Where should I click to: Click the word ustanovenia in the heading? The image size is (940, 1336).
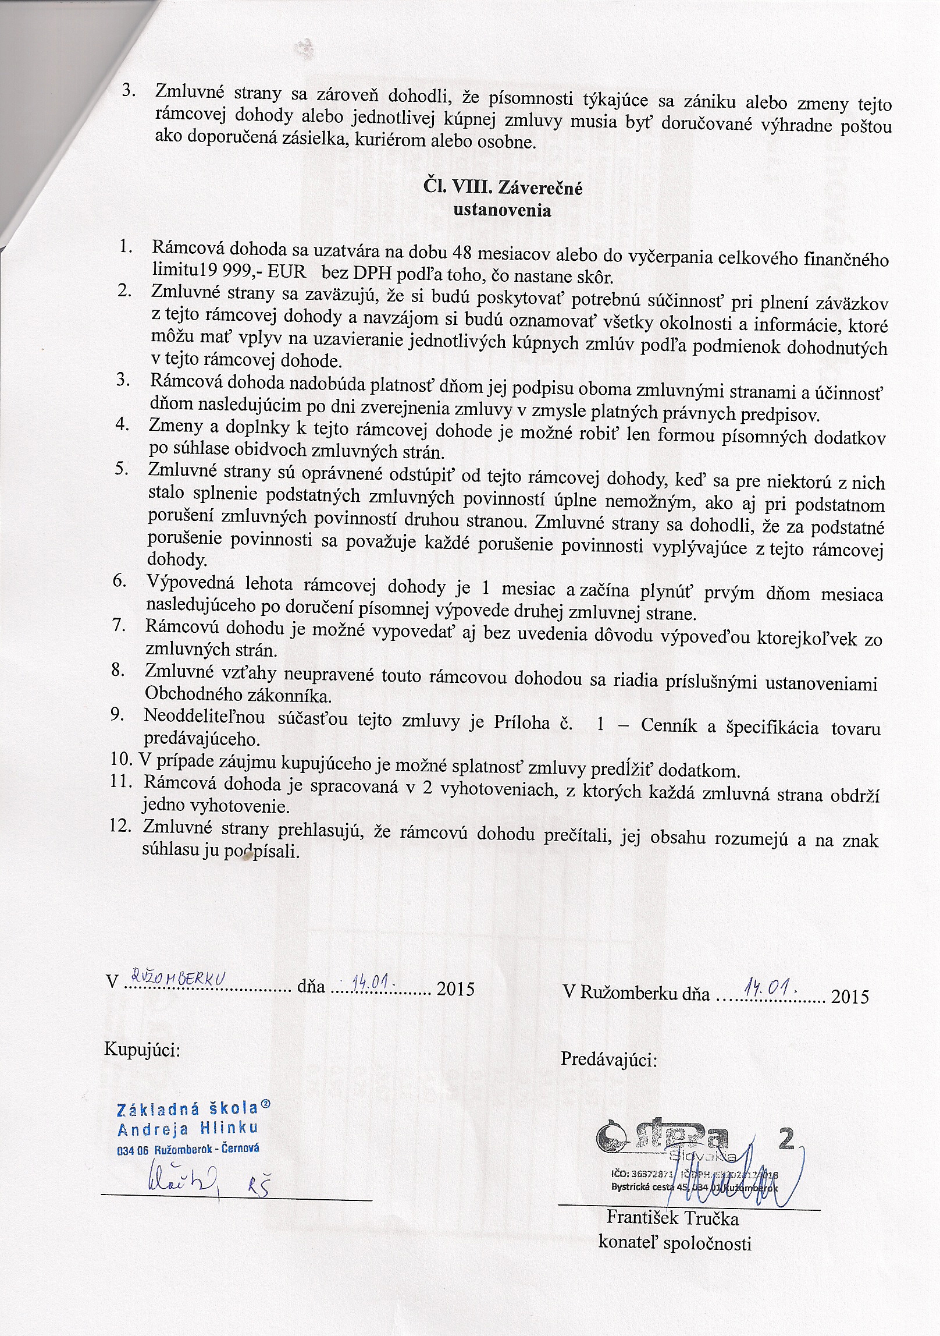(502, 210)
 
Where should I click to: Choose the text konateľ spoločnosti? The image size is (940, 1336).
(675, 1243)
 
